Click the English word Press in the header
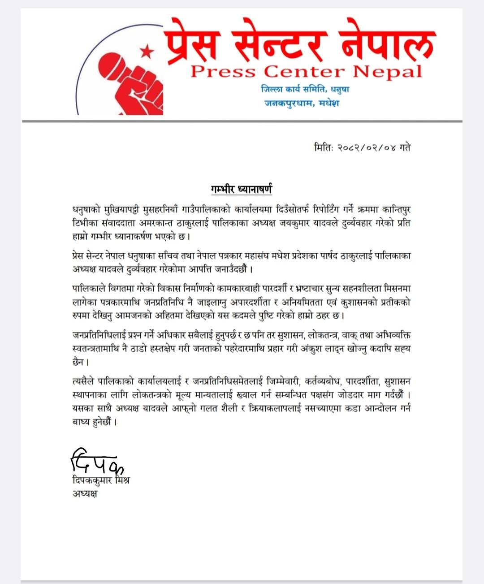pos(223,72)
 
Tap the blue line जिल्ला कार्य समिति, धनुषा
pos(305,89)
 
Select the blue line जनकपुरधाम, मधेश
pos(302,103)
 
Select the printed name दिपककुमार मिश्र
pos(101,480)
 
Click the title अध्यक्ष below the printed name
pos(85,494)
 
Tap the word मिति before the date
pos(323,147)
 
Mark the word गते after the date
pos(405,147)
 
